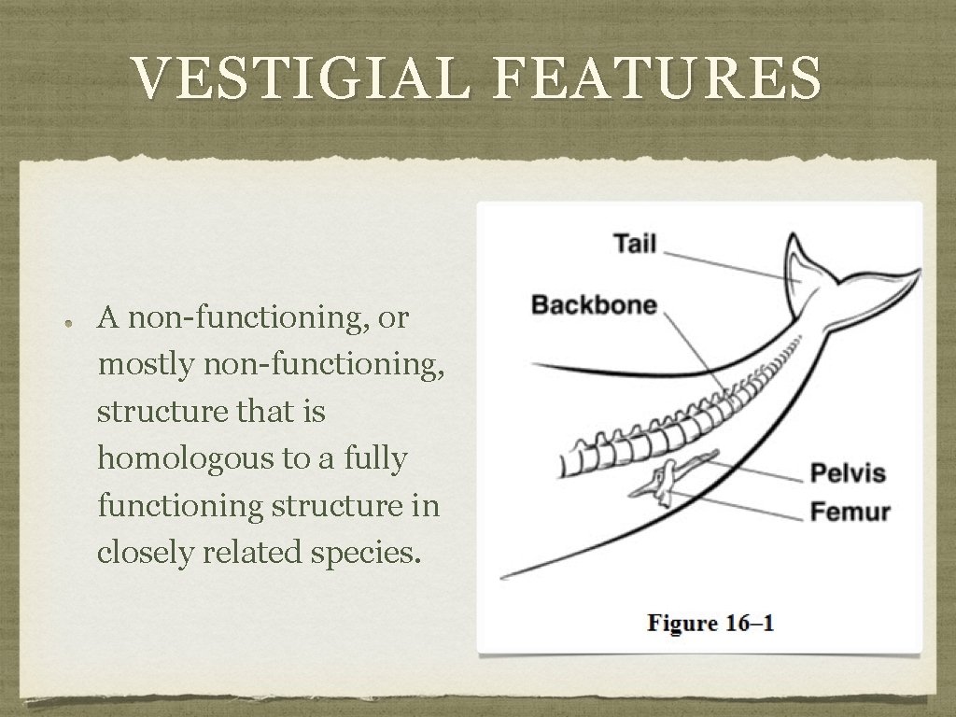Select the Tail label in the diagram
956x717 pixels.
coord(635,244)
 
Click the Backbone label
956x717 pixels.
coord(594,304)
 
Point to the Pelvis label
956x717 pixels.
coord(848,472)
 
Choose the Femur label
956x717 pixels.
coord(850,512)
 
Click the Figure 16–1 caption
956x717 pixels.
coord(711,623)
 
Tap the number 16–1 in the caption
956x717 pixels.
coord(749,623)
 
